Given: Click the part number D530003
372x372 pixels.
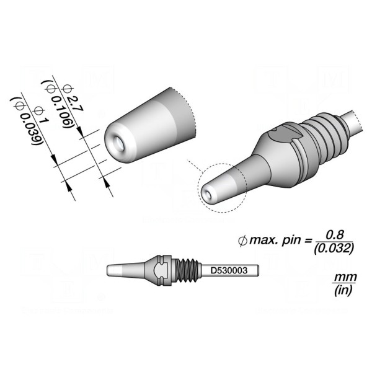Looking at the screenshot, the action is (229, 270).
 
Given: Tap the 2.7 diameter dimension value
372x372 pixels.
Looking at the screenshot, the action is (75, 104).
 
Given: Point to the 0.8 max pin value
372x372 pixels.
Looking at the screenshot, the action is (335, 235).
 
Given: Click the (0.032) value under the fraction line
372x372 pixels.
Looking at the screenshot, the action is (334, 249).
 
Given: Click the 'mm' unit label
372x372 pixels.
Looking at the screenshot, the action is (345, 277).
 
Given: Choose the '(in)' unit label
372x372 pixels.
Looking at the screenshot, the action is (343, 290).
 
